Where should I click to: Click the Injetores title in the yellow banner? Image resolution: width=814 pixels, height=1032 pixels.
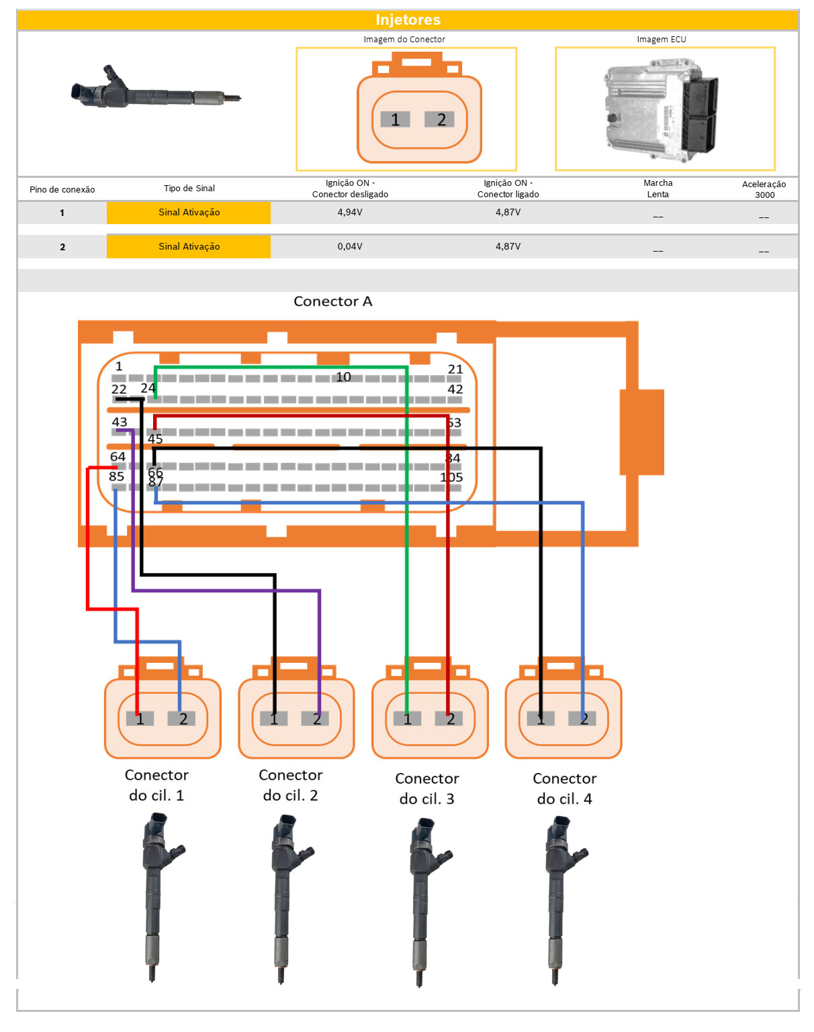(x=408, y=20)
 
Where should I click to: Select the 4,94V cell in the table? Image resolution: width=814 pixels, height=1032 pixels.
(x=350, y=212)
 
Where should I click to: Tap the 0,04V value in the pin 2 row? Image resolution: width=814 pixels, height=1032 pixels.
(x=350, y=246)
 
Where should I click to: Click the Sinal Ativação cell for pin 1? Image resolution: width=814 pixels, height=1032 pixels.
(x=189, y=212)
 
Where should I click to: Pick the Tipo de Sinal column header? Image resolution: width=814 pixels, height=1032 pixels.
(x=189, y=189)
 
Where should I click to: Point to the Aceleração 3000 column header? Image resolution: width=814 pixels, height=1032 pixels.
(x=764, y=189)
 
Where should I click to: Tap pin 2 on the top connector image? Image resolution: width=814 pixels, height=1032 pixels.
(x=441, y=119)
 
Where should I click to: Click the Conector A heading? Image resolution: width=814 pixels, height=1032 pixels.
(x=333, y=301)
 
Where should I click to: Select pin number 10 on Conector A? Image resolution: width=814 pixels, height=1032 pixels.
(x=343, y=377)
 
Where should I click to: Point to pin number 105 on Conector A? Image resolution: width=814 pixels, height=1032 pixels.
(x=451, y=478)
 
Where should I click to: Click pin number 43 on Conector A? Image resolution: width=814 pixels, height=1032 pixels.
(x=120, y=422)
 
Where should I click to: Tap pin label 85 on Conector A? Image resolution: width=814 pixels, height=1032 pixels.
(x=116, y=476)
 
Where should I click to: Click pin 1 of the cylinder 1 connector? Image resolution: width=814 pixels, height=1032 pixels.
(x=140, y=719)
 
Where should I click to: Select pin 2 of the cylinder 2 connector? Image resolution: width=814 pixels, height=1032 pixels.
(x=316, y=719)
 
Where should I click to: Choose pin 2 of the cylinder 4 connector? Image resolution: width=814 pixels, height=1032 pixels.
(x=584, y=719)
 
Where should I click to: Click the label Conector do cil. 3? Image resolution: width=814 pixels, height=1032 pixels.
(x=426, y=788)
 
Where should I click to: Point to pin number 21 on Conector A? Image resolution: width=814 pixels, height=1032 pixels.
(x=455, y=370)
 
